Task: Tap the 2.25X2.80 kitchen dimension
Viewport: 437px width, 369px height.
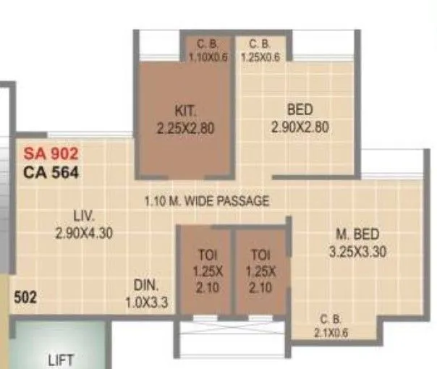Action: point(186,128)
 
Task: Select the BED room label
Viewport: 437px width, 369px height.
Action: point(300,110)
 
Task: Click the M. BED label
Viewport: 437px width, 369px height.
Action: point(358,234)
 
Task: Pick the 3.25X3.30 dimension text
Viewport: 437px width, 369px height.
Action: point(358,251)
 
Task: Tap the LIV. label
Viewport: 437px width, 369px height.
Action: point(85,215)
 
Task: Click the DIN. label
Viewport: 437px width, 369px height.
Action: point(147,284)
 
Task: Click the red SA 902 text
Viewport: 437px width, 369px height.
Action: point(51,153)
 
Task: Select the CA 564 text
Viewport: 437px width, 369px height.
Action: point(51,172)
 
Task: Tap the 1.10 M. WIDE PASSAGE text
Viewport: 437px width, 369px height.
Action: point(206,201)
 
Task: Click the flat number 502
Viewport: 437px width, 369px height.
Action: point(25,297)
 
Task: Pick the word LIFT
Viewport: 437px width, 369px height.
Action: point(62,360)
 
